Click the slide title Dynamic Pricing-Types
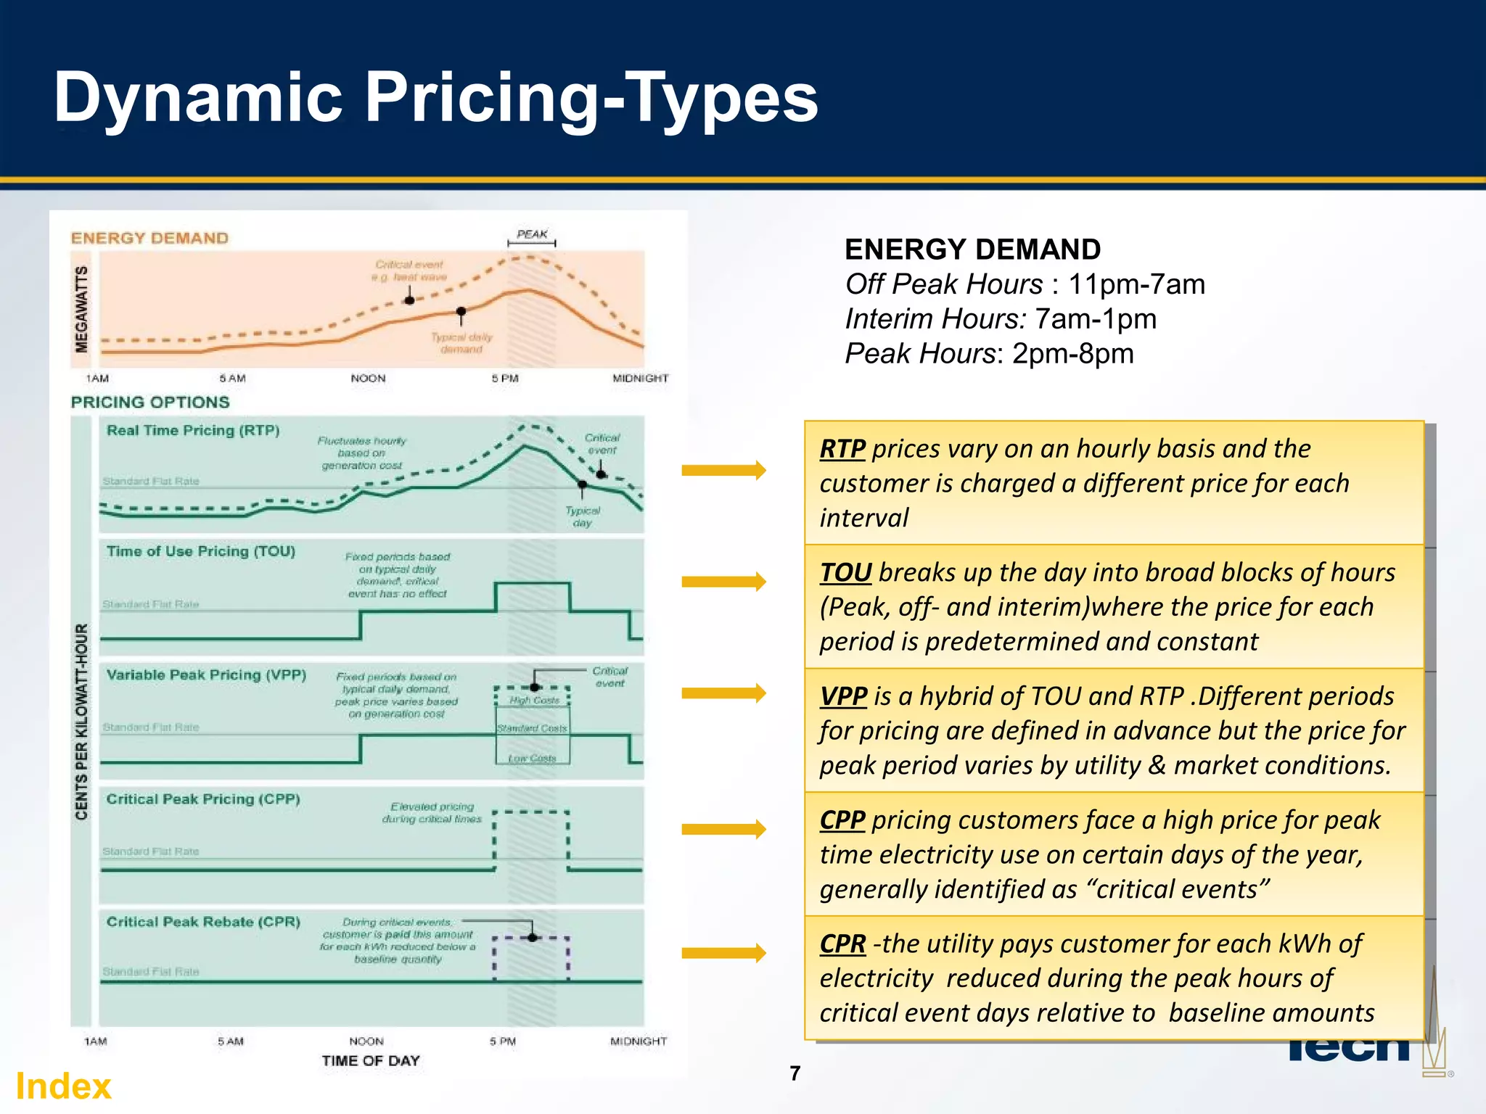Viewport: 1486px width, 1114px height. tap(435, 98)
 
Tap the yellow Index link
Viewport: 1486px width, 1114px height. tap(64, 1086)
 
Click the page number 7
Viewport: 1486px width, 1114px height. tap(795, 1073)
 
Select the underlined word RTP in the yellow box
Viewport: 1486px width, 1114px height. tap(842, 449)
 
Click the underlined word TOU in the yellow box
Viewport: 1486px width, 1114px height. tap(845, 573)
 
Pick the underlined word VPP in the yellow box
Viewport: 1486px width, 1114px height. tap(843, 696)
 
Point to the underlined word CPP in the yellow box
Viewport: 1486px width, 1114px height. tap(842, 820)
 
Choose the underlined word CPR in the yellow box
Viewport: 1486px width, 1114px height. tap(842, 944)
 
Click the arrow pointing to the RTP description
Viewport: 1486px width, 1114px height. tap(723, 471)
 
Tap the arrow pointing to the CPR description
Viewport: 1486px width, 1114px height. tap(723, 953)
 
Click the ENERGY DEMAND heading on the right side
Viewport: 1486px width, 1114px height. tap(972, 249)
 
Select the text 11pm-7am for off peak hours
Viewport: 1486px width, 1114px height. tap(1136, 284)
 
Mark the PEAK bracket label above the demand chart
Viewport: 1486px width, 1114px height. tap(532, 234)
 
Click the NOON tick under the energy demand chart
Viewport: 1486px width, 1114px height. tap(368, 379)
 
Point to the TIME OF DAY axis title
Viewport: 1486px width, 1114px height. tap(371, 1061)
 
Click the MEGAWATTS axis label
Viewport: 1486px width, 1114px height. tap(82, 309)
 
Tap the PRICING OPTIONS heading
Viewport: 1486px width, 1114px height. tap(150, 403)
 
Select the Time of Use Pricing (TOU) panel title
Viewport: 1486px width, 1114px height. tap(201, 551)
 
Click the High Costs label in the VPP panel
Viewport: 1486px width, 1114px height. tap(534, 701)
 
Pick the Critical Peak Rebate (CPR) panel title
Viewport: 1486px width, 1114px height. tap(203, 922)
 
